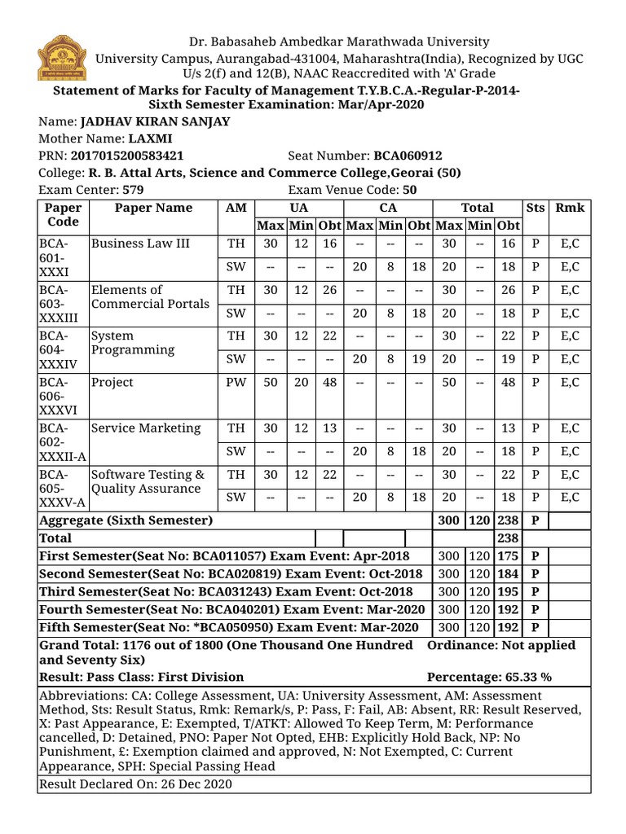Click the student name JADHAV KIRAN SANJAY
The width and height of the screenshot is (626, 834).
pyautogui.click(x=155, y=121)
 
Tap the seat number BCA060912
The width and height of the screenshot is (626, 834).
pyautogui.click(x=408, y=156)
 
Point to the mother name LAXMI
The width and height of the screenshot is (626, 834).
pyautogui.click(x=144, y=138)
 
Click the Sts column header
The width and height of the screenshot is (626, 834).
pyautogui.click(x=535, y=208)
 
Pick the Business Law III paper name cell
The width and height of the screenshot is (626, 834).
pyautogui.click(x=134, y=243)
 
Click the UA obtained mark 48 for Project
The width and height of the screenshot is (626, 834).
pyautogui.click(x=329, y=382)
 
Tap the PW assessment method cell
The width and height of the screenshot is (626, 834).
pyautogui.click(x=235, y=382)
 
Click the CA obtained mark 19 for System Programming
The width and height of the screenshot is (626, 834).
pyautogui.click(x=419, y=359)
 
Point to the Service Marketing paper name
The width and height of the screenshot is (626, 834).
pyautogui.click(x=145, y=428)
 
